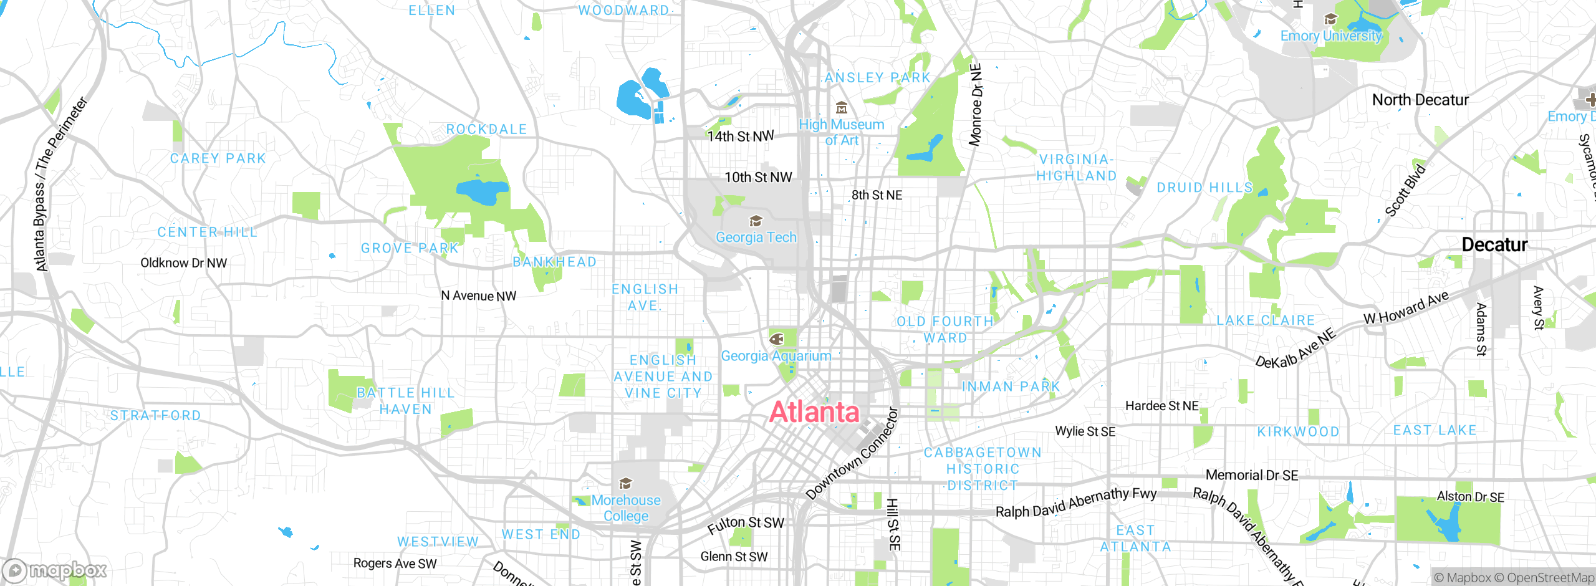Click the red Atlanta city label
click(814, 412)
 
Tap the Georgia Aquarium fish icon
click(776, 339)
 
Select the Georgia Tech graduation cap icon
click(756, 221)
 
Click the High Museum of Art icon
click(842, 108)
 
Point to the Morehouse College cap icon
click(625, 484)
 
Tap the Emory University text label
click(1331, 36)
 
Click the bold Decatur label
click(1494, 244)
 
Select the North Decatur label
click(1420, 100)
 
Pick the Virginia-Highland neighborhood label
click(1076, 168)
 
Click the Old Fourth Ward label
click(945, 330)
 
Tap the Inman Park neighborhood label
click(1011, 387)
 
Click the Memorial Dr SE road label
click(1252, 475)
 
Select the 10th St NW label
click(758, 177)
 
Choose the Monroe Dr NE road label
click(976, 105)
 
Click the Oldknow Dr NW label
click(183, 263)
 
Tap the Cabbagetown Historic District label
click(983, 469)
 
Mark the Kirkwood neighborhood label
click(1298, 431)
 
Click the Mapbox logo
click(55, 570)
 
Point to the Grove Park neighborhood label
click(410, 248)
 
